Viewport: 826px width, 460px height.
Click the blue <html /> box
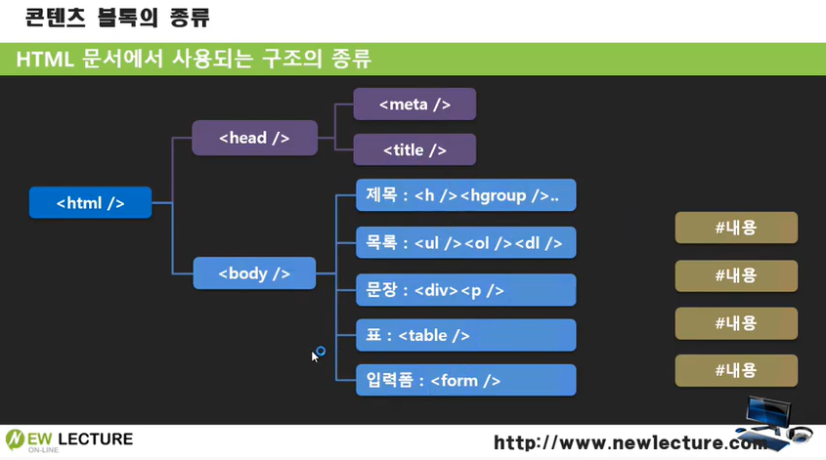tap(90, 202)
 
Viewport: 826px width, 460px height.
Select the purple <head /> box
tap(254, 138)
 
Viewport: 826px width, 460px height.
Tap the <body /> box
tap(254, 273)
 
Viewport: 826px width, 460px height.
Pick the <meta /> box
tap(414, 105)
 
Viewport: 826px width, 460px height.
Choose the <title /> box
tap(414, 149)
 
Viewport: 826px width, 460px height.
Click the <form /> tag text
tap(465, 381)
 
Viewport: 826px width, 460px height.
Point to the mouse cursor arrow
tap(315, 355)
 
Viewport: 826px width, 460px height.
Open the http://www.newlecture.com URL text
tap(630, 442)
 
